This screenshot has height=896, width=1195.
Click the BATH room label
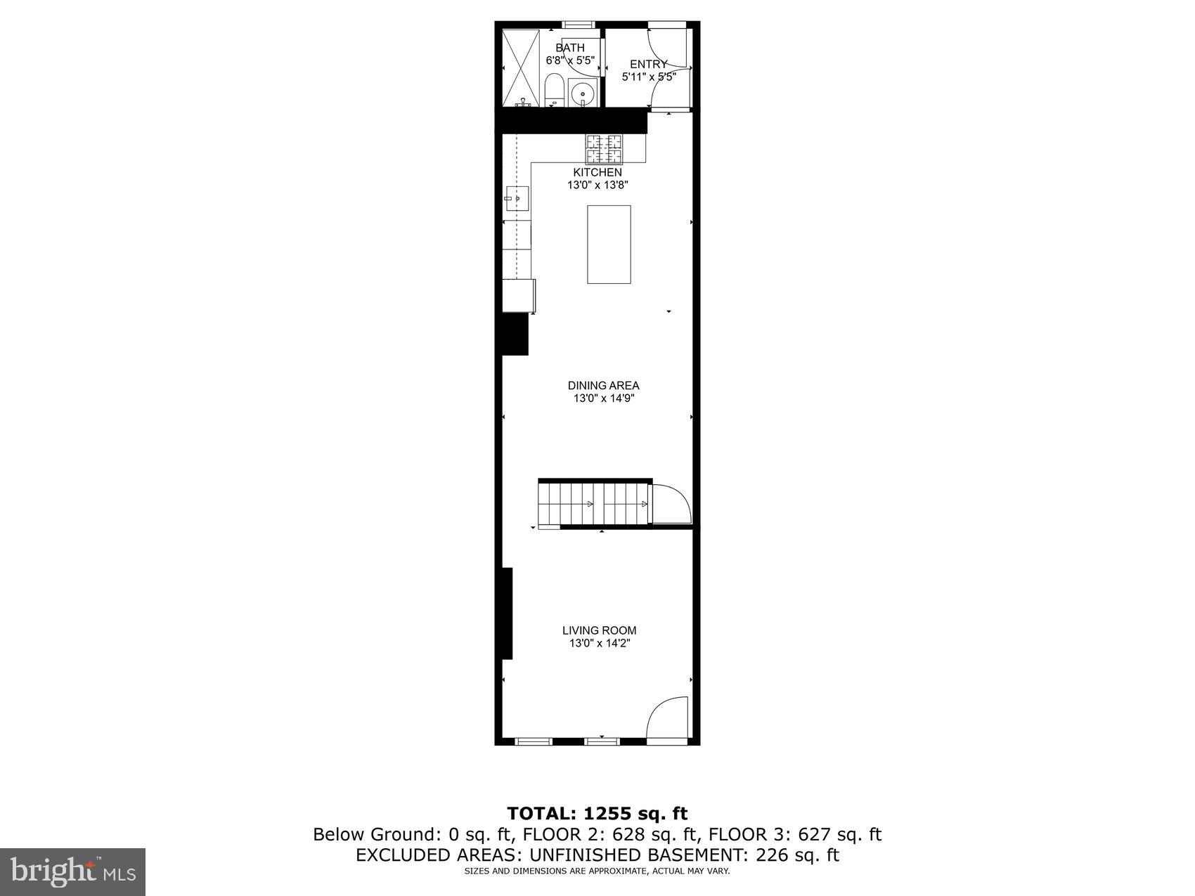569,48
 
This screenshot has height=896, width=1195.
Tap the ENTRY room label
648,65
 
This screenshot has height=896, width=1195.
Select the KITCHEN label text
597,172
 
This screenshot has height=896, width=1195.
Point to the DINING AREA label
603,385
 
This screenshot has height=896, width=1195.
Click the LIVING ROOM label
599,630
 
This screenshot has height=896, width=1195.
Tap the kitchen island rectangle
609,244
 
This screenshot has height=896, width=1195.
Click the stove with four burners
605,148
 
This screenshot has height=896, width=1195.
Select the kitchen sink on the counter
517,199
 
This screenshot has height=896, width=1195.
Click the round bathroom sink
582,93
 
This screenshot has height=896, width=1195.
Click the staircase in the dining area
594,503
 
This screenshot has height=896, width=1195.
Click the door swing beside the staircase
670,504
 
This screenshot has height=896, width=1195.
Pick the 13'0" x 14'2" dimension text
599,643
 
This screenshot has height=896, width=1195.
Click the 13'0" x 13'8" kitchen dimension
597,186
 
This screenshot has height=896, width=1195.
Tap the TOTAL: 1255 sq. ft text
597,813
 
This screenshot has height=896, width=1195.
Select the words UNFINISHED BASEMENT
640,855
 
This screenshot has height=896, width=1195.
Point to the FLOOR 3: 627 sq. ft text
794,834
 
